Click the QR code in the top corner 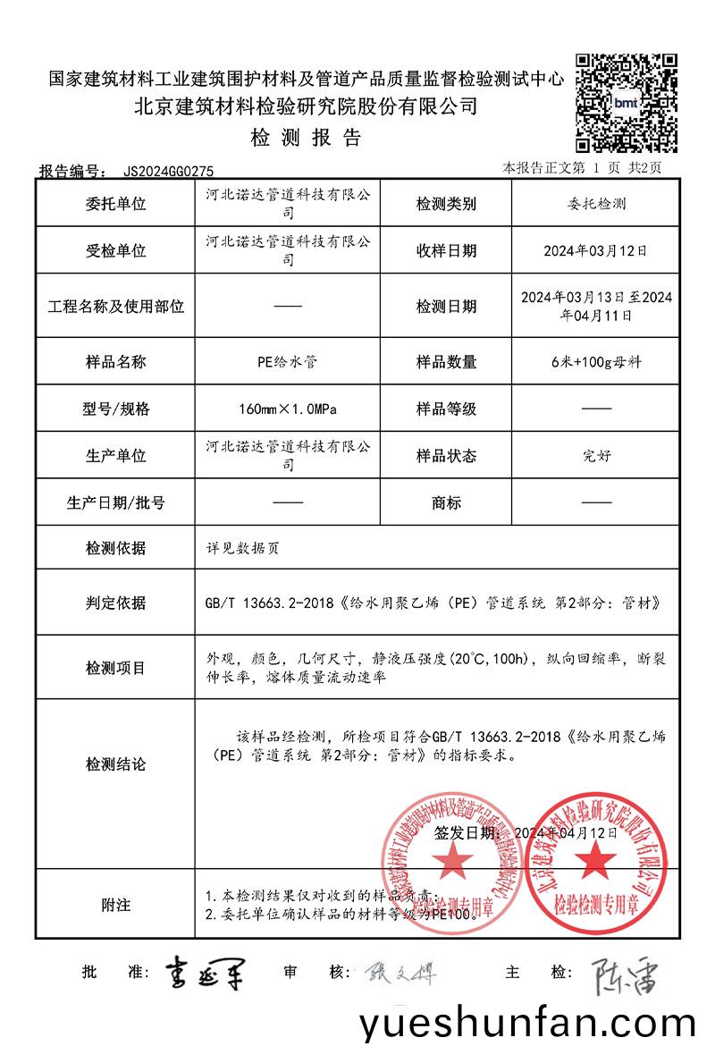[626, 103]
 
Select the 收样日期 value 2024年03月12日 [595, 251]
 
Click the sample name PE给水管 [287, 362]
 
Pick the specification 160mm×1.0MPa [287, 409]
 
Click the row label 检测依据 [115, 548]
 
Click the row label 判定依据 [115, 602]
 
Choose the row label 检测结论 [115, 764]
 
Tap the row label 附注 [115, 905]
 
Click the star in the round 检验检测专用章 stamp [595, 860]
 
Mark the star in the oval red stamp [453, 861]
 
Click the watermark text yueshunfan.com [527, 1025]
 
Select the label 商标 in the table [446, 502]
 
